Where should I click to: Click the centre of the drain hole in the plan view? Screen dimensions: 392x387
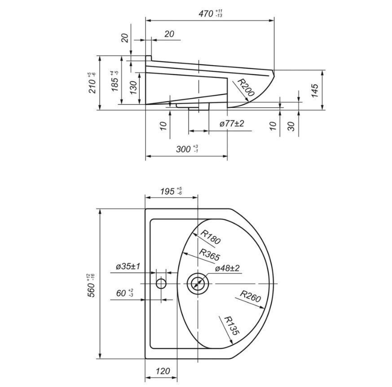click(198, 284)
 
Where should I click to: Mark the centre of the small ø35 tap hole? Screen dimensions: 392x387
click(161, 284)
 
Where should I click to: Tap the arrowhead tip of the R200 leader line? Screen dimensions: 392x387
click(249, 102)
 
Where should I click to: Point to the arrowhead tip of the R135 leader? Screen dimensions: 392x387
click(233, 344)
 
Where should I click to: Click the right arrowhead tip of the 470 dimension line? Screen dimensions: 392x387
click(274, 21)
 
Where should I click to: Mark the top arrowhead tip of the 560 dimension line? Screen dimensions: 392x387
click(100, 209)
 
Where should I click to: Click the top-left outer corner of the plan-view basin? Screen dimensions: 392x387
click(145, 209)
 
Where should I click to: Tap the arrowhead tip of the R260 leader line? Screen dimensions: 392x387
click(264, 308)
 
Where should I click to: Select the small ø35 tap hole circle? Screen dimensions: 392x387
click(161, 284)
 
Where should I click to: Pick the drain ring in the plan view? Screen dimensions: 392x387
click(198, 284)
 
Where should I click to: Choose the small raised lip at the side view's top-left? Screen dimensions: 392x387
click(149, 58)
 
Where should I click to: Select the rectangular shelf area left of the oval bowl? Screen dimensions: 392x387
click(164, 284)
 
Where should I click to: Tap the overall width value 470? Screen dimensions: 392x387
click(207, 13)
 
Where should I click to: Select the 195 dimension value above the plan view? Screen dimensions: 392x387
click(167, 191)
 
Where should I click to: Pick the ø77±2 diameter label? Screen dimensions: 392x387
click(232, 124)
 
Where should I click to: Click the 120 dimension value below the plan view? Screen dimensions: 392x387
click(163, 371)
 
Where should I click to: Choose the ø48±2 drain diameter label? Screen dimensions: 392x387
click(227, 268)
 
